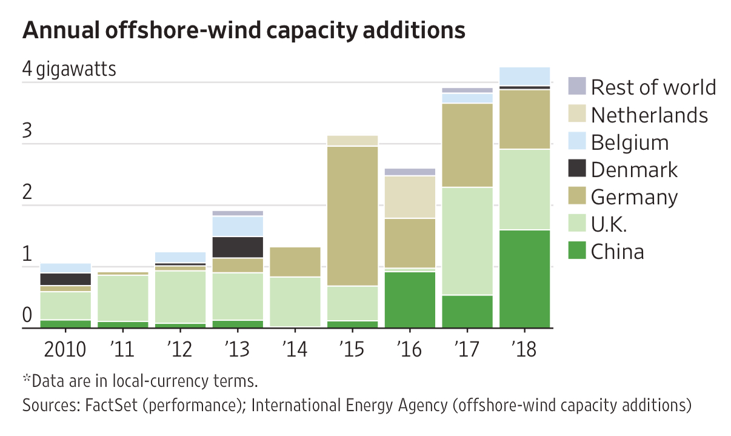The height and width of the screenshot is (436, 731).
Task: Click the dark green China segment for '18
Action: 524,279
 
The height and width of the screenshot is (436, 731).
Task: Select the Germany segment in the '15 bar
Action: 352,216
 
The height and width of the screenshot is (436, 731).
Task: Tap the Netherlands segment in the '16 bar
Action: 410,197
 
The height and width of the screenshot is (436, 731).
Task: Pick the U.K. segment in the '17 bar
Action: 467,241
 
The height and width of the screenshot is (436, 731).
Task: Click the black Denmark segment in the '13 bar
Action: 238,247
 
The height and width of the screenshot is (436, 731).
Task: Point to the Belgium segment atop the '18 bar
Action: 524,76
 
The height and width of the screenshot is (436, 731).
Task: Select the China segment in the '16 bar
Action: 410,300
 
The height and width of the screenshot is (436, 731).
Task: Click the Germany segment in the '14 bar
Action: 295,262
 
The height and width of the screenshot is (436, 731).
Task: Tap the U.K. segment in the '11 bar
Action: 123,298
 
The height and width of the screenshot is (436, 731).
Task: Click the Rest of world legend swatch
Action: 577,87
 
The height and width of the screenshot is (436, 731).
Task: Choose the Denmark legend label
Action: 634,170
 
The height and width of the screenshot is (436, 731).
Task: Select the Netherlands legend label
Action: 649,115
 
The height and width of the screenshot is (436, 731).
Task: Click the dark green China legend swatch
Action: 577,251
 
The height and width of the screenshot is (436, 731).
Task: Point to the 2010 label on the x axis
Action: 65,349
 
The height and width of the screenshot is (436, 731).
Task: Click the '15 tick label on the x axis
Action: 352,349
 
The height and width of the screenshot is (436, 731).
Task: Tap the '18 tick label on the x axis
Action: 524,349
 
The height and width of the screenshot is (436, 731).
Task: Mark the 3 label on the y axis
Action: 27,131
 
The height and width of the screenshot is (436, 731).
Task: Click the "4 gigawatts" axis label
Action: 68,69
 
